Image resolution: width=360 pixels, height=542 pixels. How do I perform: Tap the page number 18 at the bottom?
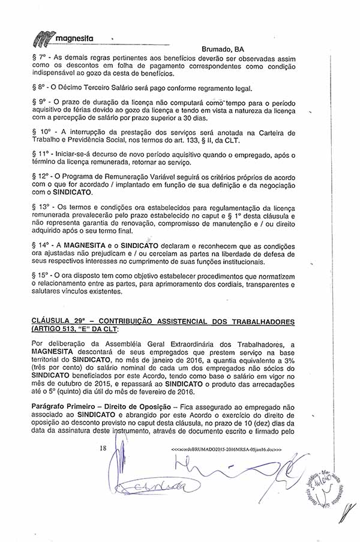point(103,448)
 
